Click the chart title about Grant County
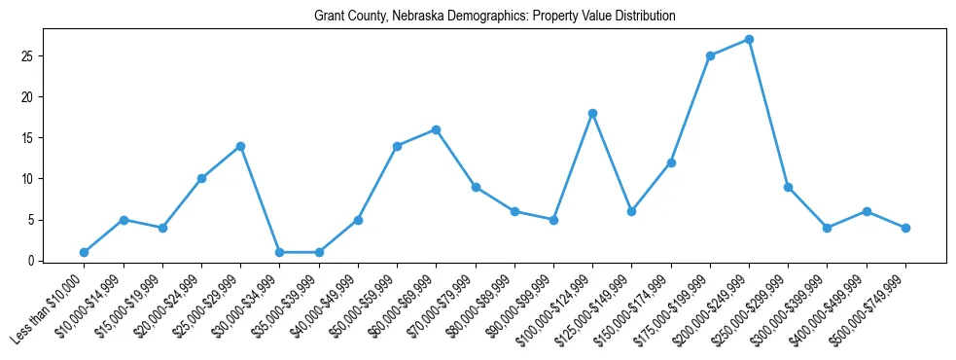495,17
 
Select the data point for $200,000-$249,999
749,40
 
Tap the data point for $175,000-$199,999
710,56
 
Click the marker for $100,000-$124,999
592,114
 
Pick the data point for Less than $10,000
85,253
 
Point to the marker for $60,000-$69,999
436,129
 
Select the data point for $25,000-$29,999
240,146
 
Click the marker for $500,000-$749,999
905,228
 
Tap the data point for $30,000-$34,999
279,253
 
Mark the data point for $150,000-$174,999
671,162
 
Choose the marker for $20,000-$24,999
201,179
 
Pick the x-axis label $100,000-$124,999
559,307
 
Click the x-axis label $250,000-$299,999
755,307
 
